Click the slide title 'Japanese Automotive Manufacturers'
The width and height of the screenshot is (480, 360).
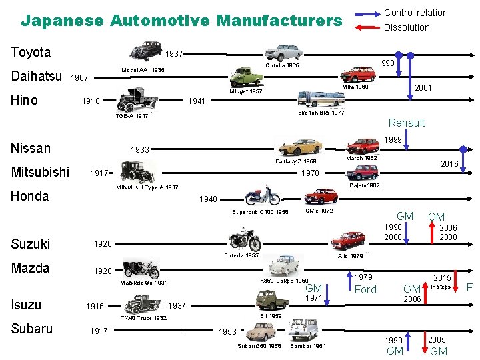click(181, 21)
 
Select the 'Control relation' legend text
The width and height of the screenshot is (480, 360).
click(415, 13)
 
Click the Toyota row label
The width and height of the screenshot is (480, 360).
click(31, 52)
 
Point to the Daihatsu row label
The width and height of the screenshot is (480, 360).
click(37, 76)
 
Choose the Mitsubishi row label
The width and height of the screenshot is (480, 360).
click(40, 172)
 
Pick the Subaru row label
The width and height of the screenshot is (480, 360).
click(31, 329)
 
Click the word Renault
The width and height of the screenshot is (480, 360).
click(406, 123)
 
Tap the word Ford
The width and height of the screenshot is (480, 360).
click(365, 289)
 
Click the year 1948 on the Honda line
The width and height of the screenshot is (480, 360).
click(209, 199)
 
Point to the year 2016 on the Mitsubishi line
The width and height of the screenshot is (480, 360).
click(449, 163)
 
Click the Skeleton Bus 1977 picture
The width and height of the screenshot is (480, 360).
click(321, 100)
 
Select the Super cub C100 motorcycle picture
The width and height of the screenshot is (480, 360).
click(263, 195)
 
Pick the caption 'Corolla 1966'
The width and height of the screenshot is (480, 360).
click(282, 66)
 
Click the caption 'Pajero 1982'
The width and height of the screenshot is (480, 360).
click(365, 185)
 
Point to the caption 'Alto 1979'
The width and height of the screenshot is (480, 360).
click(350, 255)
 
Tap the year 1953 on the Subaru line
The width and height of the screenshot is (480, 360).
click(228, 331)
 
